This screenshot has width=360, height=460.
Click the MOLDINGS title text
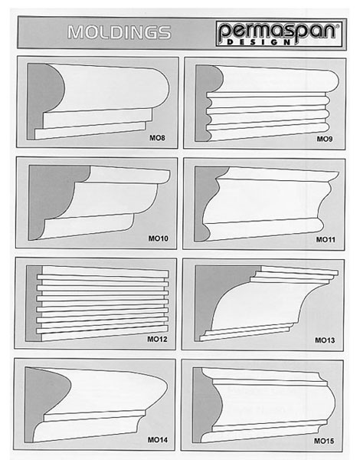(x=119, y=32)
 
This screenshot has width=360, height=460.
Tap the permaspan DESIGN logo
(x=279, y=34)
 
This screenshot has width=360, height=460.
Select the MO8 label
(x=158, y=137)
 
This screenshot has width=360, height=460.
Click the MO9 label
(x=325, y=139)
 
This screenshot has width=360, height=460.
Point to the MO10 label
(x=159, y=238)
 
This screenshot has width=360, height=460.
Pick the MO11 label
(x=326, y=239)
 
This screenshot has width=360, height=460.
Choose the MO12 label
(x=157, y=339)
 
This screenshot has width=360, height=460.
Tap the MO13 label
(x=325, y=340)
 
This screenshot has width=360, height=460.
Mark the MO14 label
(x=158, y=439)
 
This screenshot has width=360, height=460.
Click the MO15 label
(x=324, y=441)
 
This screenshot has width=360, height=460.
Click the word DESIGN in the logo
(x=259, y=42)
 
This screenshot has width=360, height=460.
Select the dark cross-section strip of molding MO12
(x=34, y=304)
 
